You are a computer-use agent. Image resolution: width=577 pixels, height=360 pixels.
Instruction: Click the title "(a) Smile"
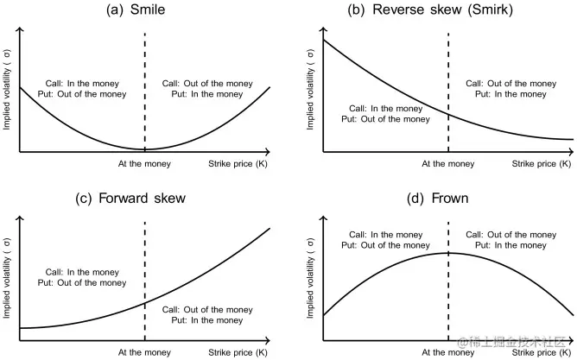pyautogui.click(x=136, y=9)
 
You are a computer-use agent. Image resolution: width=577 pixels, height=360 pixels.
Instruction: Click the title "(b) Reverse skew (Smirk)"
pyautogui.click(x=430, y=9)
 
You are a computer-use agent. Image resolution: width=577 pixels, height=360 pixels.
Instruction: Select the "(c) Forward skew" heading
pyautogui.click(x=130, y=199)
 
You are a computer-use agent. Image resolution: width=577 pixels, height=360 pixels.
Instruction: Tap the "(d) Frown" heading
pyautogui.click(x=438, y=199)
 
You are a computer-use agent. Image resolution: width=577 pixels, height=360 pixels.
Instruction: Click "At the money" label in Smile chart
pyautogui.click(x=144, y=164)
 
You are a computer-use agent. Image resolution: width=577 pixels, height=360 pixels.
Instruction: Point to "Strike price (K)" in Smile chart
pyautogui.click(x=238, y=164)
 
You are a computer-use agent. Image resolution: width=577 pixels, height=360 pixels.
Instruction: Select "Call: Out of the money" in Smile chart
pyautogui.click(x=207, y=84)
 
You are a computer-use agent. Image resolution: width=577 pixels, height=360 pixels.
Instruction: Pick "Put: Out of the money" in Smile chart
pyautogui.click(x=82, y=94)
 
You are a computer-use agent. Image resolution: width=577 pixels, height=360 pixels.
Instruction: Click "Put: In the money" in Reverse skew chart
pyautogui.click(x=510, y=94)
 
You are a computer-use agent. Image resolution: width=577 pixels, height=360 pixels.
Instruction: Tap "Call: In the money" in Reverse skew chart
pyautogui.click(x=385, y=109)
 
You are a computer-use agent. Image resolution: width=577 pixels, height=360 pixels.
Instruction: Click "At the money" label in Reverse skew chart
pyautogui.click(x=447, y=164)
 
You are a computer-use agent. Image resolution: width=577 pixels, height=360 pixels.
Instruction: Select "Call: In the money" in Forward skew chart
pyautogui.click(x=82, y=272)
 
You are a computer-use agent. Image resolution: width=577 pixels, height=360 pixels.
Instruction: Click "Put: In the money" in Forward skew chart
pyautogui.click(x=207, y=320)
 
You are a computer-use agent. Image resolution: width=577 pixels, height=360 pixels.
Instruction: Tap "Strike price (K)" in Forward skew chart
pyautogui.click(x=238, y=352)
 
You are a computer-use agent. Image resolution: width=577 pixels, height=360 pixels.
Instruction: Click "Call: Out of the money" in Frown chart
pyautogui.click(x=511, y=235)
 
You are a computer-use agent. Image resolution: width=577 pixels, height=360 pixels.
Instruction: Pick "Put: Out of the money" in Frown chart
pyautogui.click(x=385, y=245)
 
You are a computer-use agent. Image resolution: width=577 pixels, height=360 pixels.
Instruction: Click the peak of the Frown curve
pyautogui.click(x=448, y=253)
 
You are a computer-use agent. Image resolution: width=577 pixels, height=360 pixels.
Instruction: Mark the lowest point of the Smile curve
pyautogui.click(x=144, y=149)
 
